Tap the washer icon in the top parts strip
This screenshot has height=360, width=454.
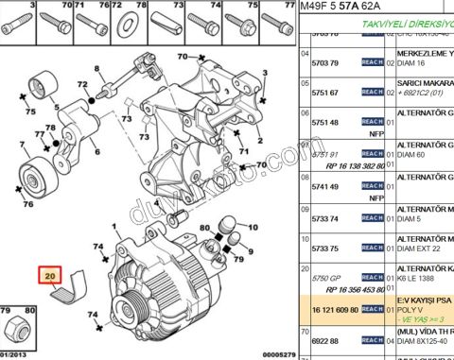127,22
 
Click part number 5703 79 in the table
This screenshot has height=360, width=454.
325,62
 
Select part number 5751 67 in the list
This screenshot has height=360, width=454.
325,93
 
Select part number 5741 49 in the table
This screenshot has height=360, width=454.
325,187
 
